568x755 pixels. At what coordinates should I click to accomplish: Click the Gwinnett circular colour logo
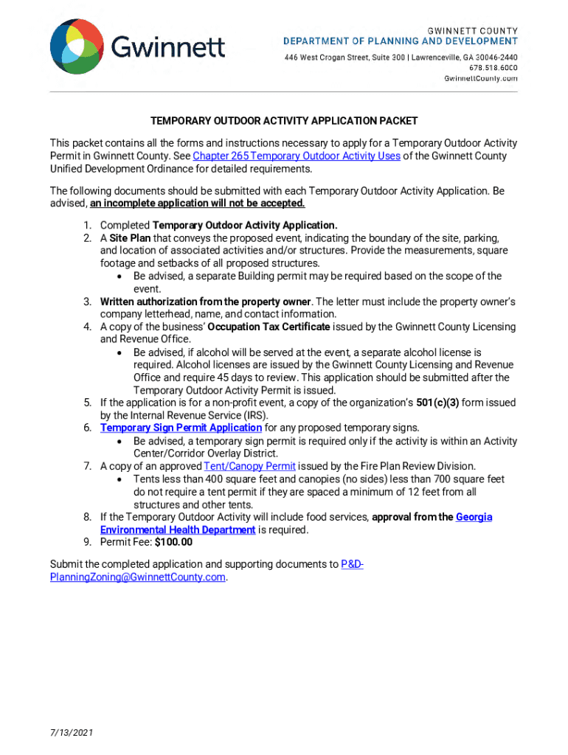(77, 46)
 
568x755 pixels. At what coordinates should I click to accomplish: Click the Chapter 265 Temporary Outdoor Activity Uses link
(297, 156)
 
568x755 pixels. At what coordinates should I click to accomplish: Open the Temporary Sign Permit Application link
(181, 428)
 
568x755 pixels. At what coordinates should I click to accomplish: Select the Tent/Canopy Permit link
(249, 467)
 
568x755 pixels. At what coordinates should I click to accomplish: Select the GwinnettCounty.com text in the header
(480, 78)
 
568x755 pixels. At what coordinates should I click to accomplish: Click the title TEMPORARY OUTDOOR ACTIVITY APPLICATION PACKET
(284, 120)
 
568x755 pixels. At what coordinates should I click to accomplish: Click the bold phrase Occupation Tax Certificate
(269, 327)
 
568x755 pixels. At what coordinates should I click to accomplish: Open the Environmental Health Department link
(178, 530)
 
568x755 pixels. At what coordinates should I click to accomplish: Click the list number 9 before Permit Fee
(86, 543)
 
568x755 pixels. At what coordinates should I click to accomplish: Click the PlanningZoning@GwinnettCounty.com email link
(137, 578)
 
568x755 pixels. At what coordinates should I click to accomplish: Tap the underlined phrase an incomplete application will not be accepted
(198, 203)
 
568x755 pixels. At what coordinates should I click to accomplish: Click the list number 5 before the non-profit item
(86, 403)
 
